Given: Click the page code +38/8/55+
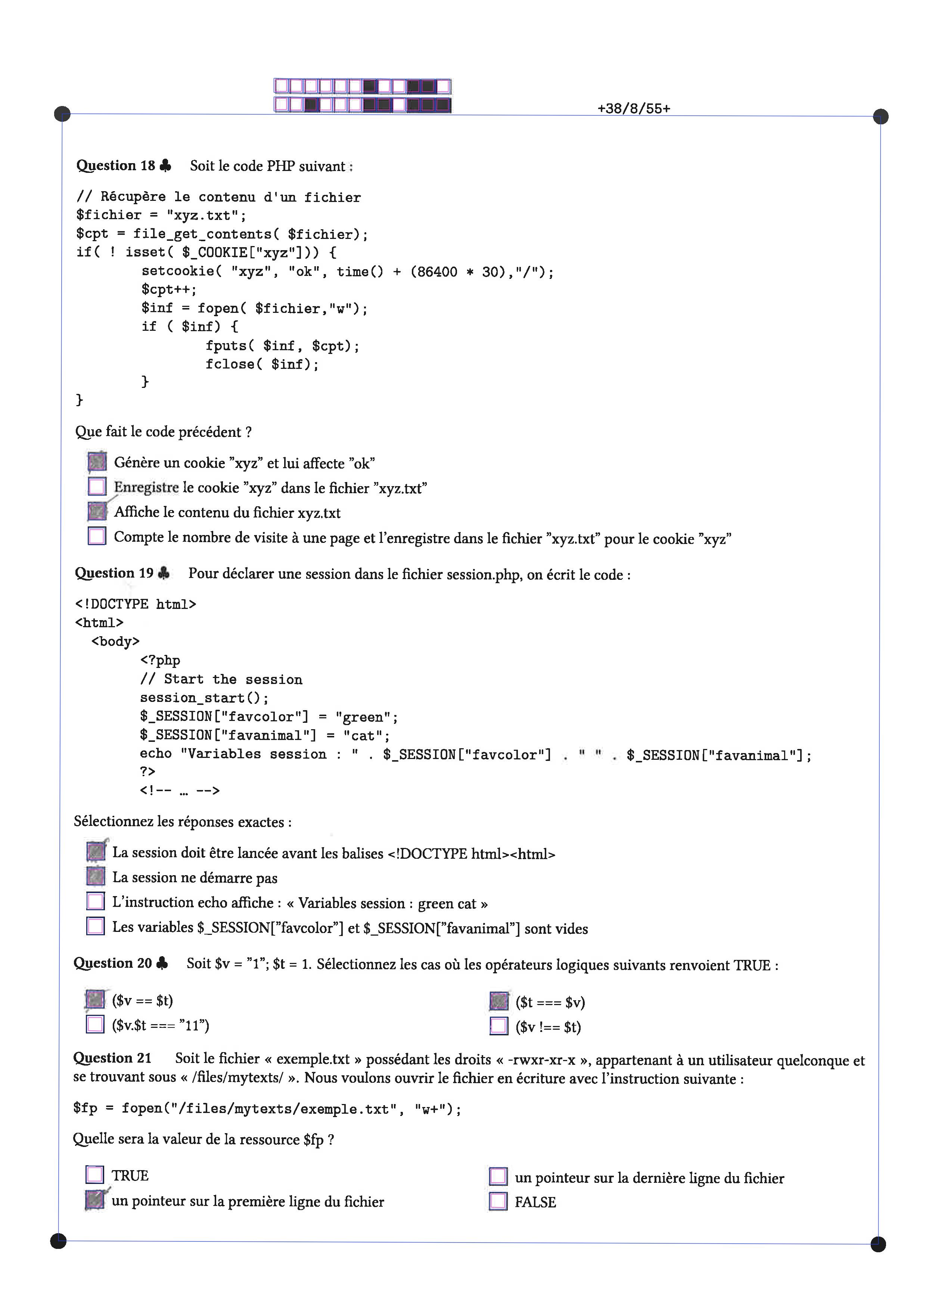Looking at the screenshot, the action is pyautogui.click(x=634, y=108).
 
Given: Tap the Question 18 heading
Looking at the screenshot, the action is pyautogui.click(x=116, y=166).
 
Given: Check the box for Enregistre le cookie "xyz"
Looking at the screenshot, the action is pyautogui.click(x=97, y=487).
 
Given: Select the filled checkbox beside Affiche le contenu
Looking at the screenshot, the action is pyautogui.click(x=97, y=512).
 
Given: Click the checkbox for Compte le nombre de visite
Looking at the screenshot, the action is pyautogui.click(x=97, y=536).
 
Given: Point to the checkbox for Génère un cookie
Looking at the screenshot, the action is pyautogui.click(x=97, y=462).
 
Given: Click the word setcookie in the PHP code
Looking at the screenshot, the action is pyautogui.click(x=178, y=271).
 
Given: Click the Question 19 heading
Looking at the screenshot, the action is pyautogui.click(x=114, y=573).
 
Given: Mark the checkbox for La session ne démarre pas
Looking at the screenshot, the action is pyautogui.click(x=95, y=876).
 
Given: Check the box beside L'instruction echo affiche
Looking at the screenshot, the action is pyautogui.click(x=95, y=901).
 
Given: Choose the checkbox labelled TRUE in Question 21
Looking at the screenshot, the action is pyautogui.click(x=94, y=1175).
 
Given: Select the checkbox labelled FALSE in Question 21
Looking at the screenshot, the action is pyautogui.click(x=498, y=1201).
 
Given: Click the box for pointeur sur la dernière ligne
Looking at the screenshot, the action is pyautogui.click(x=498, y=1176).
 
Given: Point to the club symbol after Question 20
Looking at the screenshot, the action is pyautogui.click(x=162, y=963).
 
